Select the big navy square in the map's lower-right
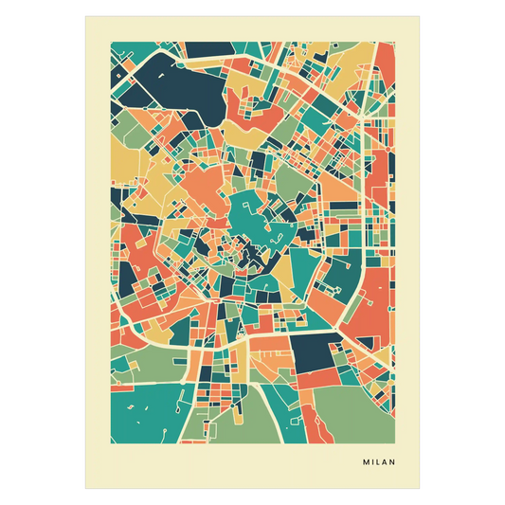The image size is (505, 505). tap(313, 354)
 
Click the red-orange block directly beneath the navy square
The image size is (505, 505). tap(317, 378)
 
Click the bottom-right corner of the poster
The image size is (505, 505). tap(422, 490)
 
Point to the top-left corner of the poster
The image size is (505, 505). tap(83, 14)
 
